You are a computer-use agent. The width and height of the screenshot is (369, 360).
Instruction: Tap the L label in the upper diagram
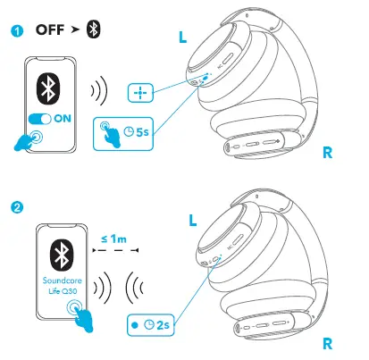(183, 39)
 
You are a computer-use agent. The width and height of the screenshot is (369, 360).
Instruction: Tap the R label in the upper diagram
(328, 152)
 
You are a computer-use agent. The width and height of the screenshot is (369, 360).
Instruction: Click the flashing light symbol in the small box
(139, 92)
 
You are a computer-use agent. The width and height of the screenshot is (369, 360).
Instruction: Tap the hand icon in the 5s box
(111, 134)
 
